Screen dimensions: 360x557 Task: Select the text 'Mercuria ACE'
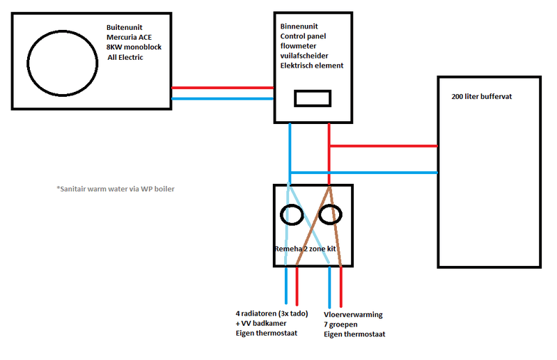tap(132, 37)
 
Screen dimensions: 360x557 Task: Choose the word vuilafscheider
tap(305, 56)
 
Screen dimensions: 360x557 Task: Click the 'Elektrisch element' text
tap(312, 65)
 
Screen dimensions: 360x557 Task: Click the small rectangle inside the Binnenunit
tap(312, 98)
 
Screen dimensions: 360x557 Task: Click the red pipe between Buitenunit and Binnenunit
tap(221, 88)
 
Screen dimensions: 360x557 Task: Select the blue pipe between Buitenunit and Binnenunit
tap(221, 98)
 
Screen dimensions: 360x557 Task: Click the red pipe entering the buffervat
tap(383, 146)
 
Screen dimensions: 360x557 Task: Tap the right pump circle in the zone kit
tap(331, 215)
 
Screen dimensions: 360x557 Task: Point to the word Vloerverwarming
tap(353, 315)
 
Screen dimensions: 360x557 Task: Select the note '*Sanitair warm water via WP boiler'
tap(116, 188)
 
